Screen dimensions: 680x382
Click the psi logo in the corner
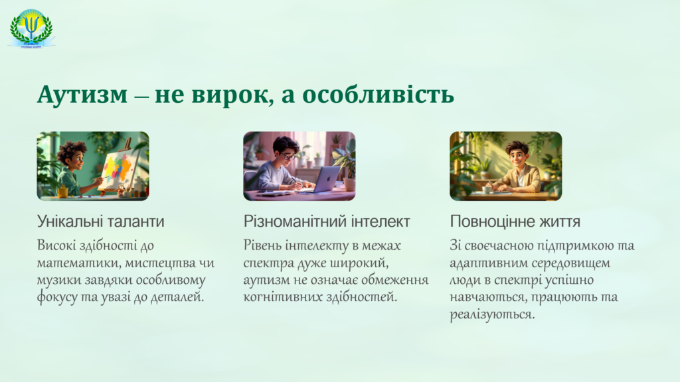coord(31,28)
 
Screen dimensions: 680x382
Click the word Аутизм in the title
coord(82,95)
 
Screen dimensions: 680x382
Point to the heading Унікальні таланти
coord(101,222)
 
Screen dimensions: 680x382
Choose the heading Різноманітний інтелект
coord(327,222)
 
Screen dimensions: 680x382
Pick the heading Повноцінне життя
coord(515,222)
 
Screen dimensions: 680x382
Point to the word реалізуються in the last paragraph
coord(492,314)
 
